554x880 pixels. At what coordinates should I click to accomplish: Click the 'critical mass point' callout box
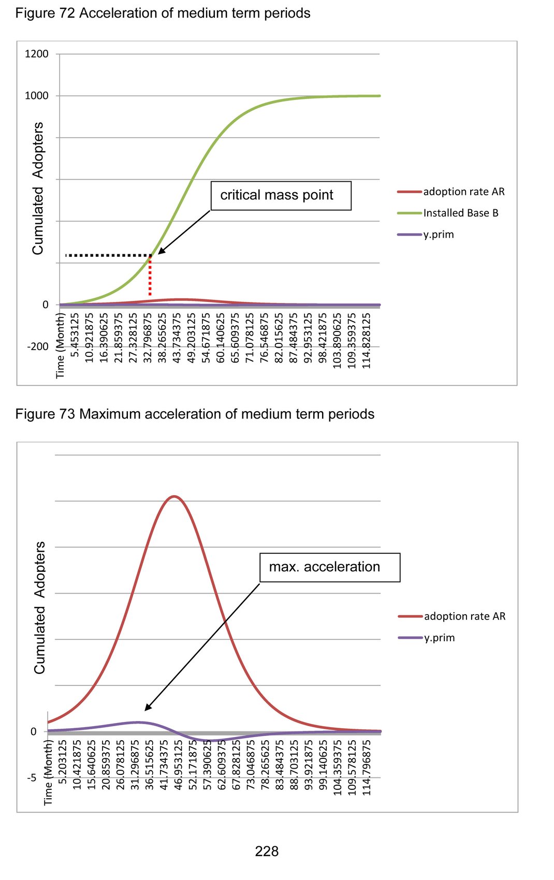coord(281,196)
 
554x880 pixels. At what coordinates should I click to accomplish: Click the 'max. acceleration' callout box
coord(329,567)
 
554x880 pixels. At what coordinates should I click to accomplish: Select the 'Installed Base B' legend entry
coord(460,213)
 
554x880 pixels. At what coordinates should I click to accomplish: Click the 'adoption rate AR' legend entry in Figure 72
coord(463,192)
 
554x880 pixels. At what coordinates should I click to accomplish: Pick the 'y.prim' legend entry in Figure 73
coord(439,638)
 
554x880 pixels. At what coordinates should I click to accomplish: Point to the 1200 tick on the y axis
coord(37,54)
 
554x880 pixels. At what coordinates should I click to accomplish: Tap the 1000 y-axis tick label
coord(37,96)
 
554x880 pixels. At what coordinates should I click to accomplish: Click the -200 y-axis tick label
coord(38,347)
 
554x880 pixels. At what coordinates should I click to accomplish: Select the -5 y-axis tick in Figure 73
coord(32,778)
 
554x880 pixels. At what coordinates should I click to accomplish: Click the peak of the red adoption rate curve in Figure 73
coord(175,496)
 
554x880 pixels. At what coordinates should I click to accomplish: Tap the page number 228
coord(267,852)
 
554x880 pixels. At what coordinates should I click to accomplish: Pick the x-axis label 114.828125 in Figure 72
coord(367,340)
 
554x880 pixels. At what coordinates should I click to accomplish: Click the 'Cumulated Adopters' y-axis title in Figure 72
coord(38,189)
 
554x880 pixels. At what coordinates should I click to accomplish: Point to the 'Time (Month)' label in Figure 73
coord(49,772)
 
